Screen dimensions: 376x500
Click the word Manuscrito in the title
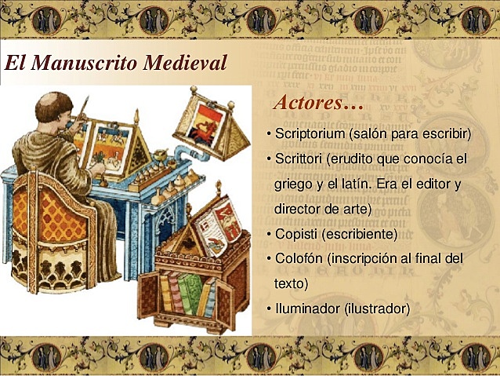79,63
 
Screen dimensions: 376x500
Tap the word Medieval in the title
179,63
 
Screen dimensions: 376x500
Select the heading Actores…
318,103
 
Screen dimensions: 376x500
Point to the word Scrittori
298,159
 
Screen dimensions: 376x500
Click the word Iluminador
308,308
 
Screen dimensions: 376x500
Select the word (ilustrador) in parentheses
377,308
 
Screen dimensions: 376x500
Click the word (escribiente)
360,234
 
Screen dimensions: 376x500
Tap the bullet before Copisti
269,234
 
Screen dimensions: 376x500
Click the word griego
294,184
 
